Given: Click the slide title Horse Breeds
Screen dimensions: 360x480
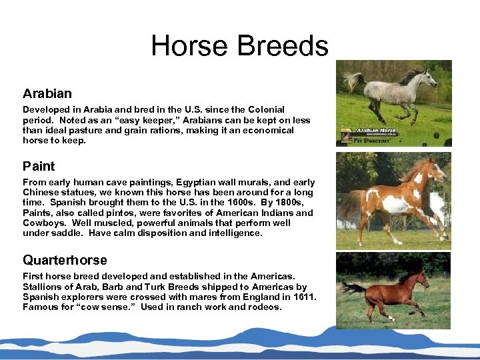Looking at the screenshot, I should click(239, 46).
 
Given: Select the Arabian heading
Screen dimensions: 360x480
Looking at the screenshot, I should click(47, 93).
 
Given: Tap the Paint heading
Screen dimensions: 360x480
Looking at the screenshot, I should click(39, 166).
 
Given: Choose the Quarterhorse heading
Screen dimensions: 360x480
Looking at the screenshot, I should click(65, 260).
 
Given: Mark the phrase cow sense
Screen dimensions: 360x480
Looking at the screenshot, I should click(95, 307).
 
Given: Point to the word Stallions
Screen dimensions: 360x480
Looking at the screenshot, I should click(44, 287).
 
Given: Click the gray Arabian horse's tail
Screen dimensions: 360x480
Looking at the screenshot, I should click(353, 80).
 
